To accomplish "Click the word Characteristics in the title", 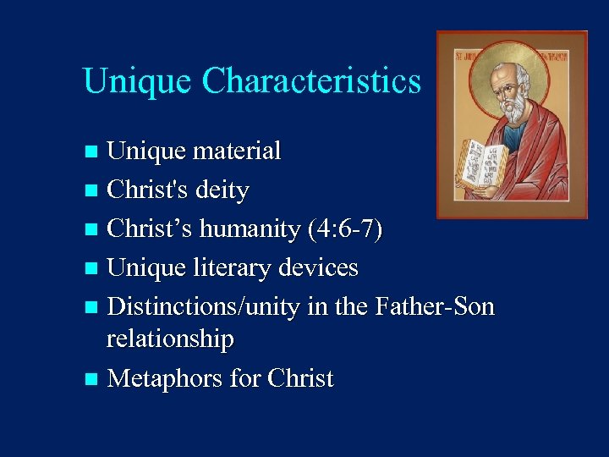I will (311, 81).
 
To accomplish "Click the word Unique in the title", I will (139, 81).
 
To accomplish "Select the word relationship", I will (170, 339).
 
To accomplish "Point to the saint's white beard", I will (514, 111).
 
